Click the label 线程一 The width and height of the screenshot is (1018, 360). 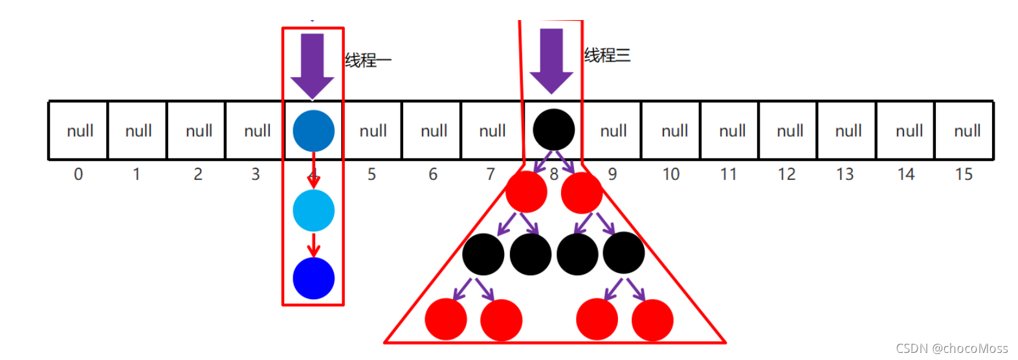pos(368,60)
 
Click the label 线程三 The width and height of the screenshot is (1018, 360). pos(607,55)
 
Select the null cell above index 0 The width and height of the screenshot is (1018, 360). pos(79,131)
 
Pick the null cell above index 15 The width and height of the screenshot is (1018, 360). pos(966,131)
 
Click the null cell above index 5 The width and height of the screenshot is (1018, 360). pos(373,131)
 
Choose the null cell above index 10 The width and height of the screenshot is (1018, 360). pos(674,131)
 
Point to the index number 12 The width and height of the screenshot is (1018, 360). pos(786,174)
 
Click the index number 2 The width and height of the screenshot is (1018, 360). pos(197,174)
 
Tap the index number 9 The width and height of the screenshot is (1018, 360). pos(612,174)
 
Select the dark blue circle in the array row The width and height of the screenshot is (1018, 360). pos(313,131)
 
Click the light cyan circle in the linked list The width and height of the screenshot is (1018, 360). pos(313,210)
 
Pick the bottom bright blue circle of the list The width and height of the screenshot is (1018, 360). pos(313,278)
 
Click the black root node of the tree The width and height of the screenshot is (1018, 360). pos(553,130)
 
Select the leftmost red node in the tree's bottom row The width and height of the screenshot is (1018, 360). pos(446,319)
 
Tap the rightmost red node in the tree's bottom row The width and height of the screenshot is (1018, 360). pos(652,319)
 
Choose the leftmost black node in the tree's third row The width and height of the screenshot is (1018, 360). pos(483,254)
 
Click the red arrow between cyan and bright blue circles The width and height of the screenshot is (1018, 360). pos(314,245)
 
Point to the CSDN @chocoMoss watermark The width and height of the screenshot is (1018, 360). pos(951,348)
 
